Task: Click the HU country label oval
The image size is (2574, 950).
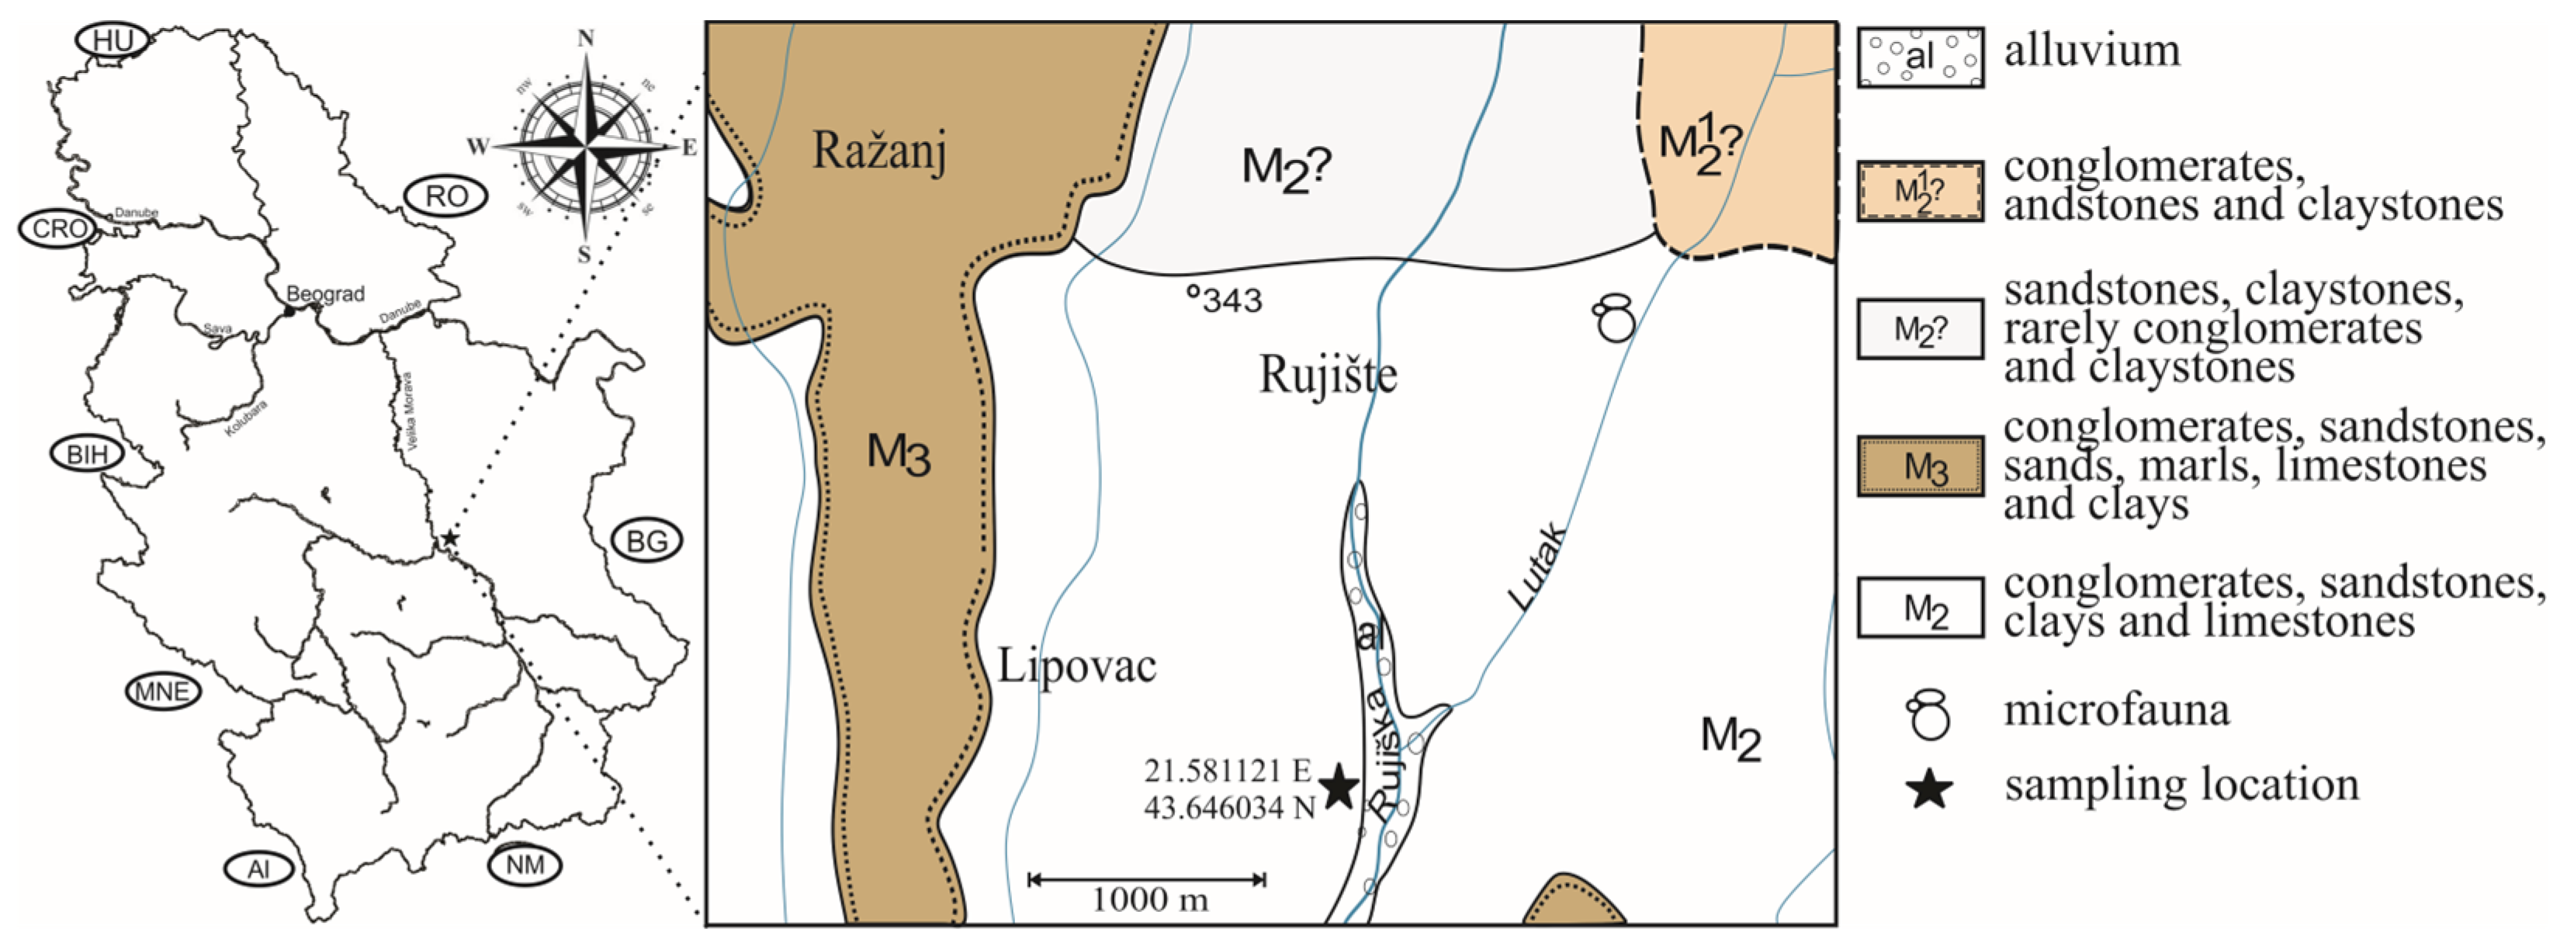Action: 112,41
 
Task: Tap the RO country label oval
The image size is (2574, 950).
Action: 445,197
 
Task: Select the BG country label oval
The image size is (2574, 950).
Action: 646,542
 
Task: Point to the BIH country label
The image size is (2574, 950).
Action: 87,455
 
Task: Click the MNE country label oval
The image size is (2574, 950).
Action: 163,692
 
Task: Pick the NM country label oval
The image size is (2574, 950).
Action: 525,864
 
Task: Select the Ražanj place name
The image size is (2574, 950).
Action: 878,152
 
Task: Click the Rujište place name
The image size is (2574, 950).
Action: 1327,376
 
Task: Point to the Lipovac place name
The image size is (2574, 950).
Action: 1076,666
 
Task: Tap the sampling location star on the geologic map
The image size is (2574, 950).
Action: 1339,788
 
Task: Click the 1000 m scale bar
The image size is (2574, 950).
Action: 1147,880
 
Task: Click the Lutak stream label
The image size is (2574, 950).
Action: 1536,567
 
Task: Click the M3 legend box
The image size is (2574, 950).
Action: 1920,466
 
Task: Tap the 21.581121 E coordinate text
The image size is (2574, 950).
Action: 1227,771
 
